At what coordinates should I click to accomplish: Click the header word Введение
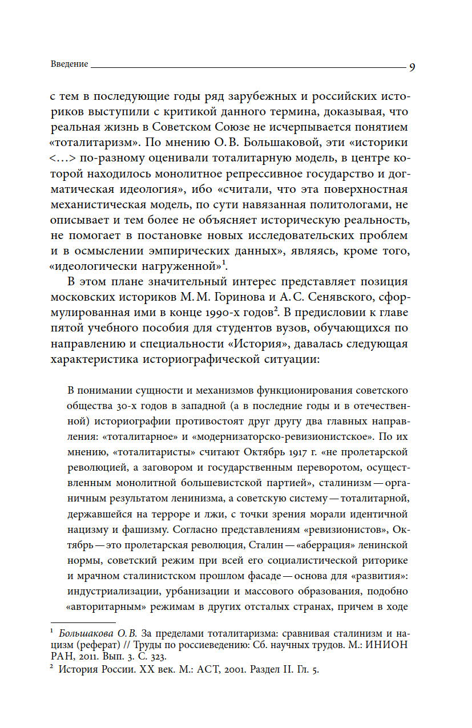[69, 64]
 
